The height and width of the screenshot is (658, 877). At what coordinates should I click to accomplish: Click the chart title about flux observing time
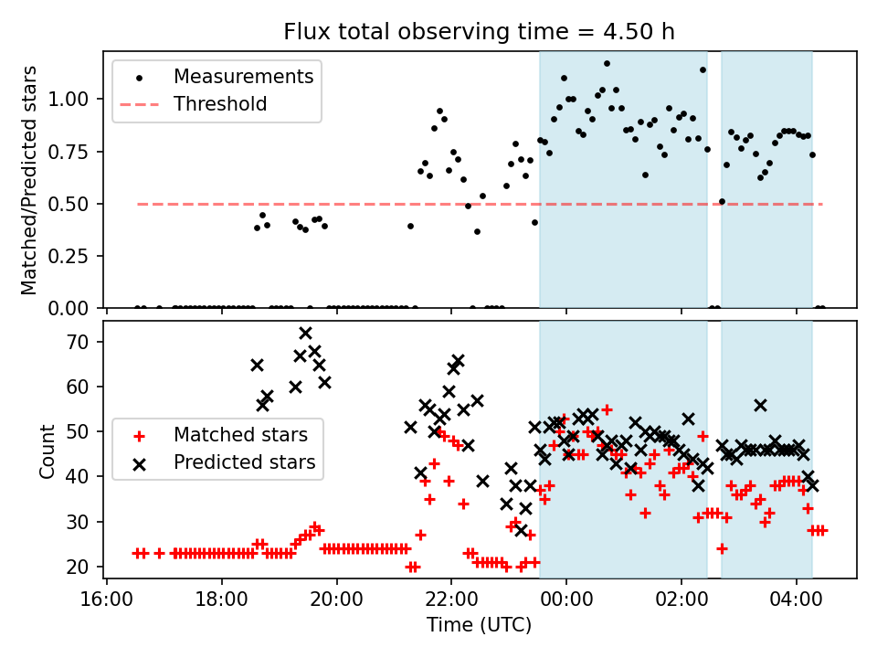(479, 32)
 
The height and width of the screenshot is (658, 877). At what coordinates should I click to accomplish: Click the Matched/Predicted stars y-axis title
(29, 180)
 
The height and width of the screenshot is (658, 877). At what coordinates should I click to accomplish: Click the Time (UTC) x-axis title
(479, 626)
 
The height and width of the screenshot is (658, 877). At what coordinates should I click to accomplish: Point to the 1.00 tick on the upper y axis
(79, 99)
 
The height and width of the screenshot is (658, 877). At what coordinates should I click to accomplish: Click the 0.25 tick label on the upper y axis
(79, 256)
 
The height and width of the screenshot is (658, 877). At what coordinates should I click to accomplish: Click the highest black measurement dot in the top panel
(607, 64)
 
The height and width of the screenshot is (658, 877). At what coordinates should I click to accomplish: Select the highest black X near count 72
(305, 333)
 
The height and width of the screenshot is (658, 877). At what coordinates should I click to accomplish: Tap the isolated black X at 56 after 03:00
(760, 405)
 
